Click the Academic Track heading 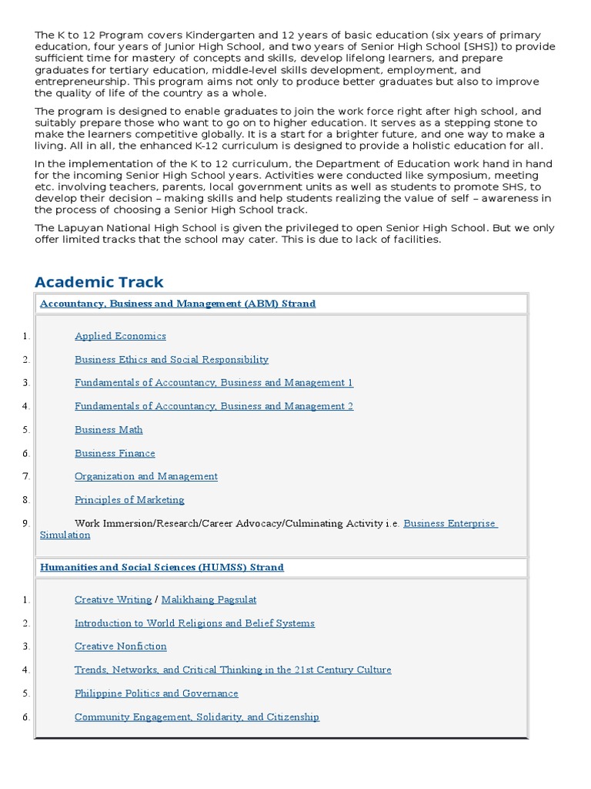(x=99, y=282)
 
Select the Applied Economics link (x=120, y=336)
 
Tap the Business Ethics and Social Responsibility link (x=172, y=359)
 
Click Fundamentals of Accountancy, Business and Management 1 (x=214, y=383)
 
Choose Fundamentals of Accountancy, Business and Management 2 (x=214, y=406)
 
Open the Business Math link (x=109, y=430)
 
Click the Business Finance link (x=115, y=453)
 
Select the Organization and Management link (x=146, y=476)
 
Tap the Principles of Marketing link (x=129, y=500)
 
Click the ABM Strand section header (x=178, y=304)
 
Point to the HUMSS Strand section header (x=162, y=567)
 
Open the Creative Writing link (x=112, y=599)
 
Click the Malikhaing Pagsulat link (x=209, y=599)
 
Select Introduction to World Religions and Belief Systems (x=195, y=623)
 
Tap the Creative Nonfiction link (x=121, y=646)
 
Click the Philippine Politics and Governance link (x=156, y=693)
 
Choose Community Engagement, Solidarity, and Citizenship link (x=197, y=717)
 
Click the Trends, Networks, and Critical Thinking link (x=232, y=670)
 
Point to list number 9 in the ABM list (x=25, y=523)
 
